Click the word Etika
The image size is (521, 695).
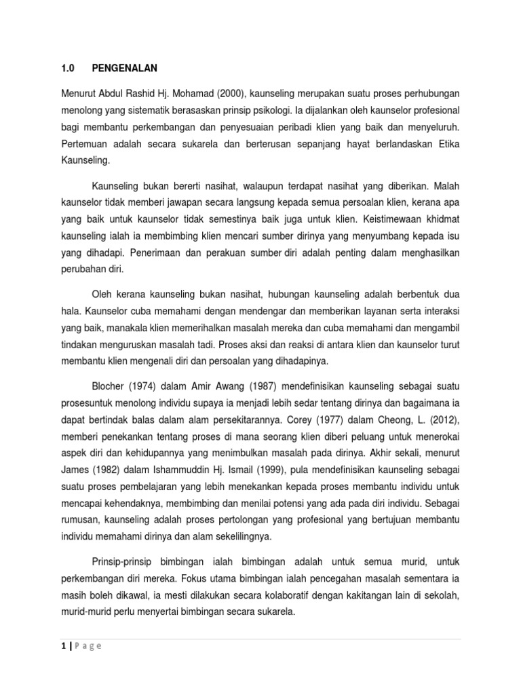[x=446, y=145]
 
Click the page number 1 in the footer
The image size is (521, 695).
[x=63, y=646]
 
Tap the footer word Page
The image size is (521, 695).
[x=89, y=646]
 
